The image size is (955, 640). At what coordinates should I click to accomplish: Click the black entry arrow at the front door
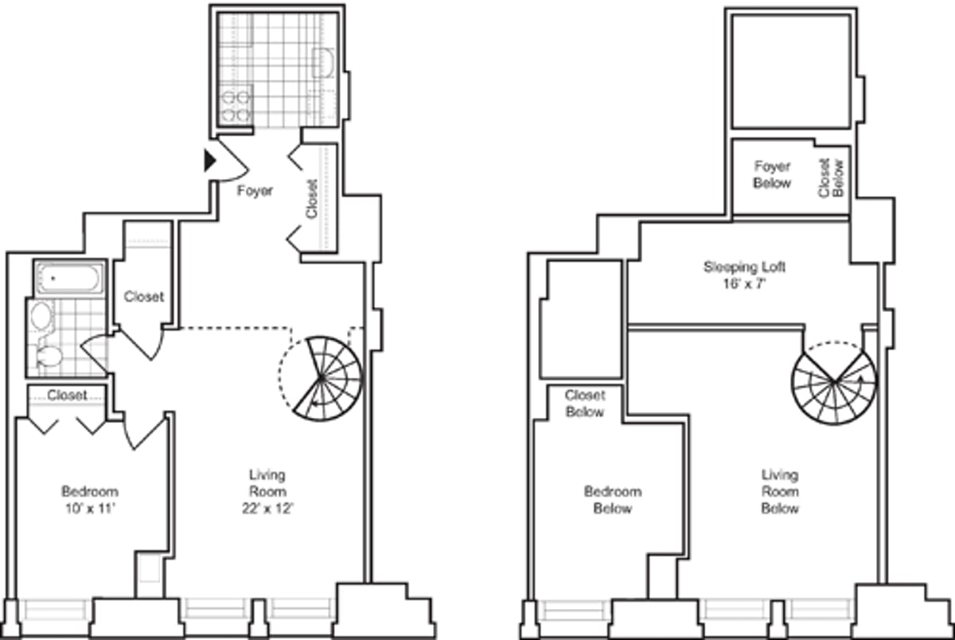click(x=210, y=161)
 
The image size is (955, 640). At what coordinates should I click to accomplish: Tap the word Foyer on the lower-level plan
click(x=255, y=191)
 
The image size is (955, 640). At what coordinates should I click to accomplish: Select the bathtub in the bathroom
click(x=69, y=279)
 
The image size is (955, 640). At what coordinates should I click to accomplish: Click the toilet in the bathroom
click(x=49, y=356)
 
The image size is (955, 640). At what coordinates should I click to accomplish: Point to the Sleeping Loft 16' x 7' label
click(x=749, y=275)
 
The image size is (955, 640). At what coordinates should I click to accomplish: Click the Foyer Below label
click(x=772, y=175)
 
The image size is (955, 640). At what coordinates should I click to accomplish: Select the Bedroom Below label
click(x=613, y=500)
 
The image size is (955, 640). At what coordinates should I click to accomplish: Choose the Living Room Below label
click(x=779, y=491)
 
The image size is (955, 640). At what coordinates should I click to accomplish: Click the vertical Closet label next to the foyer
click(x=311, y=198)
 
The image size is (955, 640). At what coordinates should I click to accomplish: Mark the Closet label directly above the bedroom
click(x=67, y=395)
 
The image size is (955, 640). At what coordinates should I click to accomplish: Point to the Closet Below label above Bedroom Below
click(x=585, y=403)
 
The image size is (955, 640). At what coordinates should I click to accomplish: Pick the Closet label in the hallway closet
click(x=144, y=297)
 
